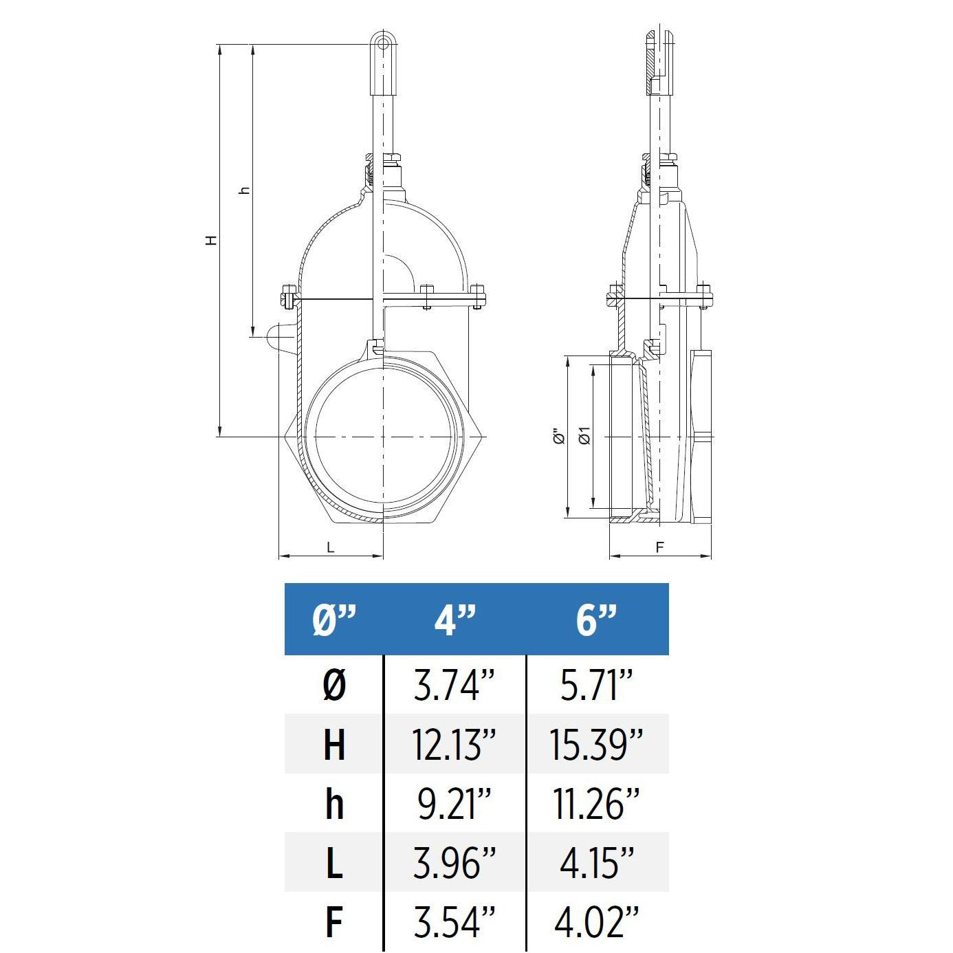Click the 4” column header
[454, 620]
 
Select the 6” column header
[595, 620]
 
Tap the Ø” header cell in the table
[334, 620]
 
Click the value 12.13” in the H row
[454, 744]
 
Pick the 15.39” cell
[595, 744]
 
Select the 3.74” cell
[454, 685]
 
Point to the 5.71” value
[595, 685]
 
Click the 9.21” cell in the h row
[454, 803]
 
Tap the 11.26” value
[595, 803]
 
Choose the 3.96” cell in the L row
[454, 862]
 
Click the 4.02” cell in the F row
[595, 921]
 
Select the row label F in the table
[334, 921]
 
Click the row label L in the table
[334, 862]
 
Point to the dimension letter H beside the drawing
[212, 240]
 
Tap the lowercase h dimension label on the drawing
[244, 190]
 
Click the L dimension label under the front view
[331, 547]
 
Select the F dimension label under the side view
[659, 547]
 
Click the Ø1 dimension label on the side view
[584, 435]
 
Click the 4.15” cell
[595, 862]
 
